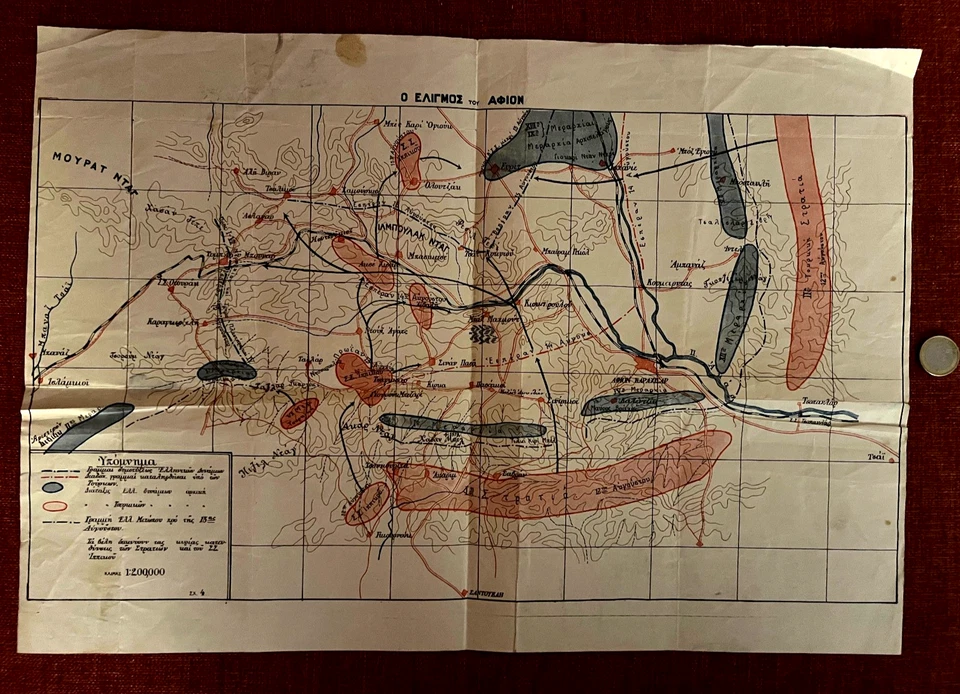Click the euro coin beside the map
click(x=938, y=356)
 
